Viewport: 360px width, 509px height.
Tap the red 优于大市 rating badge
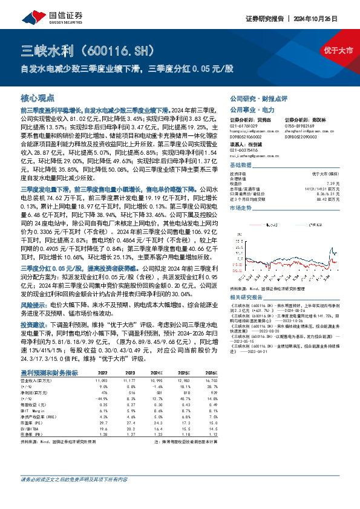[336, 49]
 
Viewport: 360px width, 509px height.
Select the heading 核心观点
[38, 97]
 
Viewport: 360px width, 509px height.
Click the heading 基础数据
[241, 165]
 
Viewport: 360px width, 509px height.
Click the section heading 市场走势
[241, 207]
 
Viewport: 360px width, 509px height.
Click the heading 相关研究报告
[247, 297]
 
